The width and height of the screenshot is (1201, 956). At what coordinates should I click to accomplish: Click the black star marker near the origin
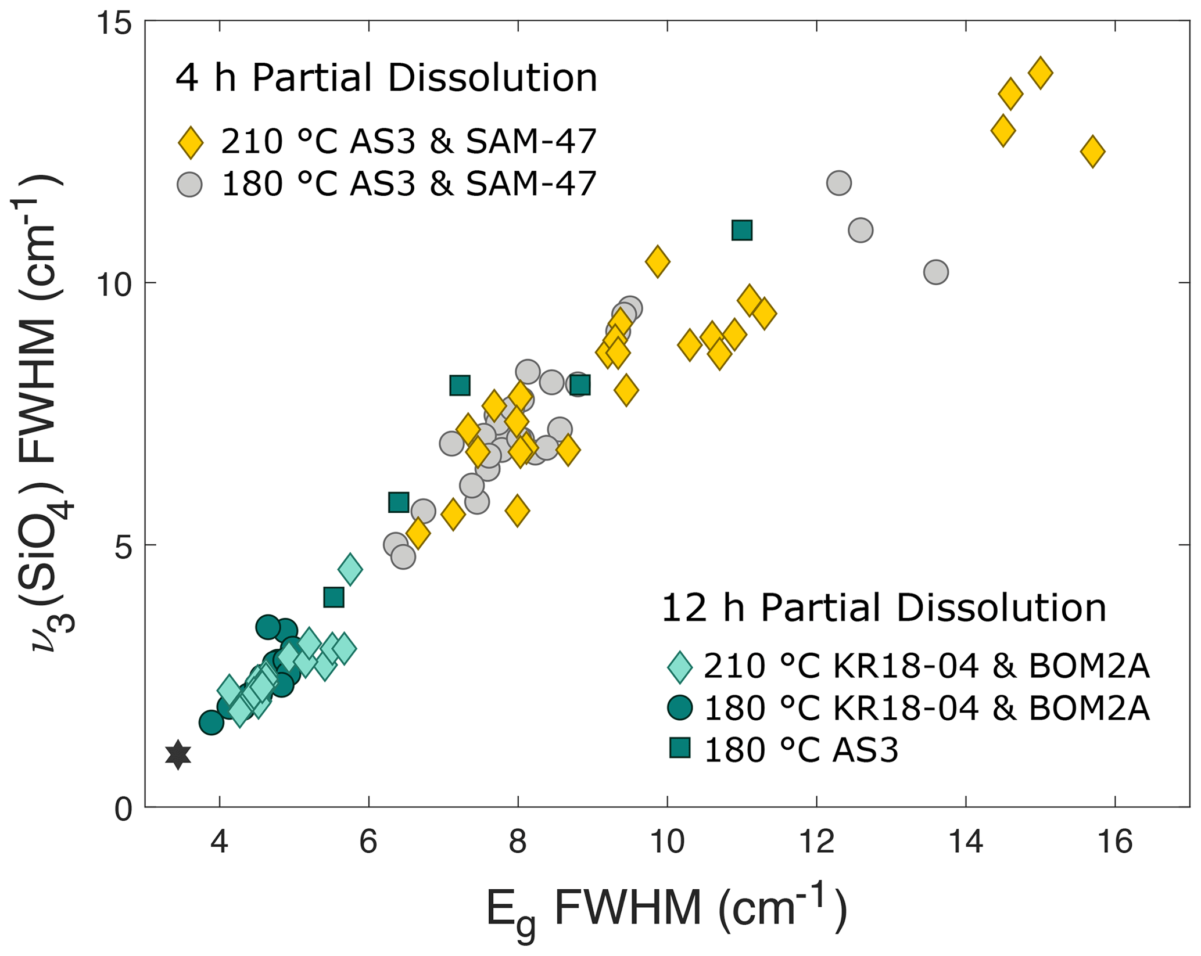(x=178, y=754)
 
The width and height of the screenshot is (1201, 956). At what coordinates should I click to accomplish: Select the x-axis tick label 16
(x=1115, y=842)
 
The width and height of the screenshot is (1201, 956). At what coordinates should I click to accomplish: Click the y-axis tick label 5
(x=124, y=545)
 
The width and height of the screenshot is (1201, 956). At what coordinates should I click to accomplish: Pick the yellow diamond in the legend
(x=191, y=142)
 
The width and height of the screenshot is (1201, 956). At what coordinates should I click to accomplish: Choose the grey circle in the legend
(x=190, y=184)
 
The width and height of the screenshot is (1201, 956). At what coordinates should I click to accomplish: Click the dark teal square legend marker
(x=680, y=747)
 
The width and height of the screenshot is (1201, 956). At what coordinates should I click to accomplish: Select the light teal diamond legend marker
(x=680, y=666)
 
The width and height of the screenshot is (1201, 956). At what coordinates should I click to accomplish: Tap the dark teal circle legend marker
(x=680, y=707)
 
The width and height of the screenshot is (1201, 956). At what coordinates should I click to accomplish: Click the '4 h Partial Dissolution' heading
(x=386, y=78)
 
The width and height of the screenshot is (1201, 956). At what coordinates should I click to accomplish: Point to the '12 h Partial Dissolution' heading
(x=884, y=609)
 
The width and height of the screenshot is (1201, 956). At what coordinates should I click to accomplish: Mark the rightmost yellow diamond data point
(x=1092, y=152)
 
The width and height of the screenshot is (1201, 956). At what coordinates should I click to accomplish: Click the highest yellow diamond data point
(x=1040, y=73)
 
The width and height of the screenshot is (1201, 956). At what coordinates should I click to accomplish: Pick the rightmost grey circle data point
(x=935, y=272)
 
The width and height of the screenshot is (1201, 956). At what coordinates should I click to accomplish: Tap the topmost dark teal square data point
(x=742, y=230)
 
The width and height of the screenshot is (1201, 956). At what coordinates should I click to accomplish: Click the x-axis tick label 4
(x=219, y=842)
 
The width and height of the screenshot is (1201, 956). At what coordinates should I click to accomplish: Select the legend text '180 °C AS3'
(x=801, y=749)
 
